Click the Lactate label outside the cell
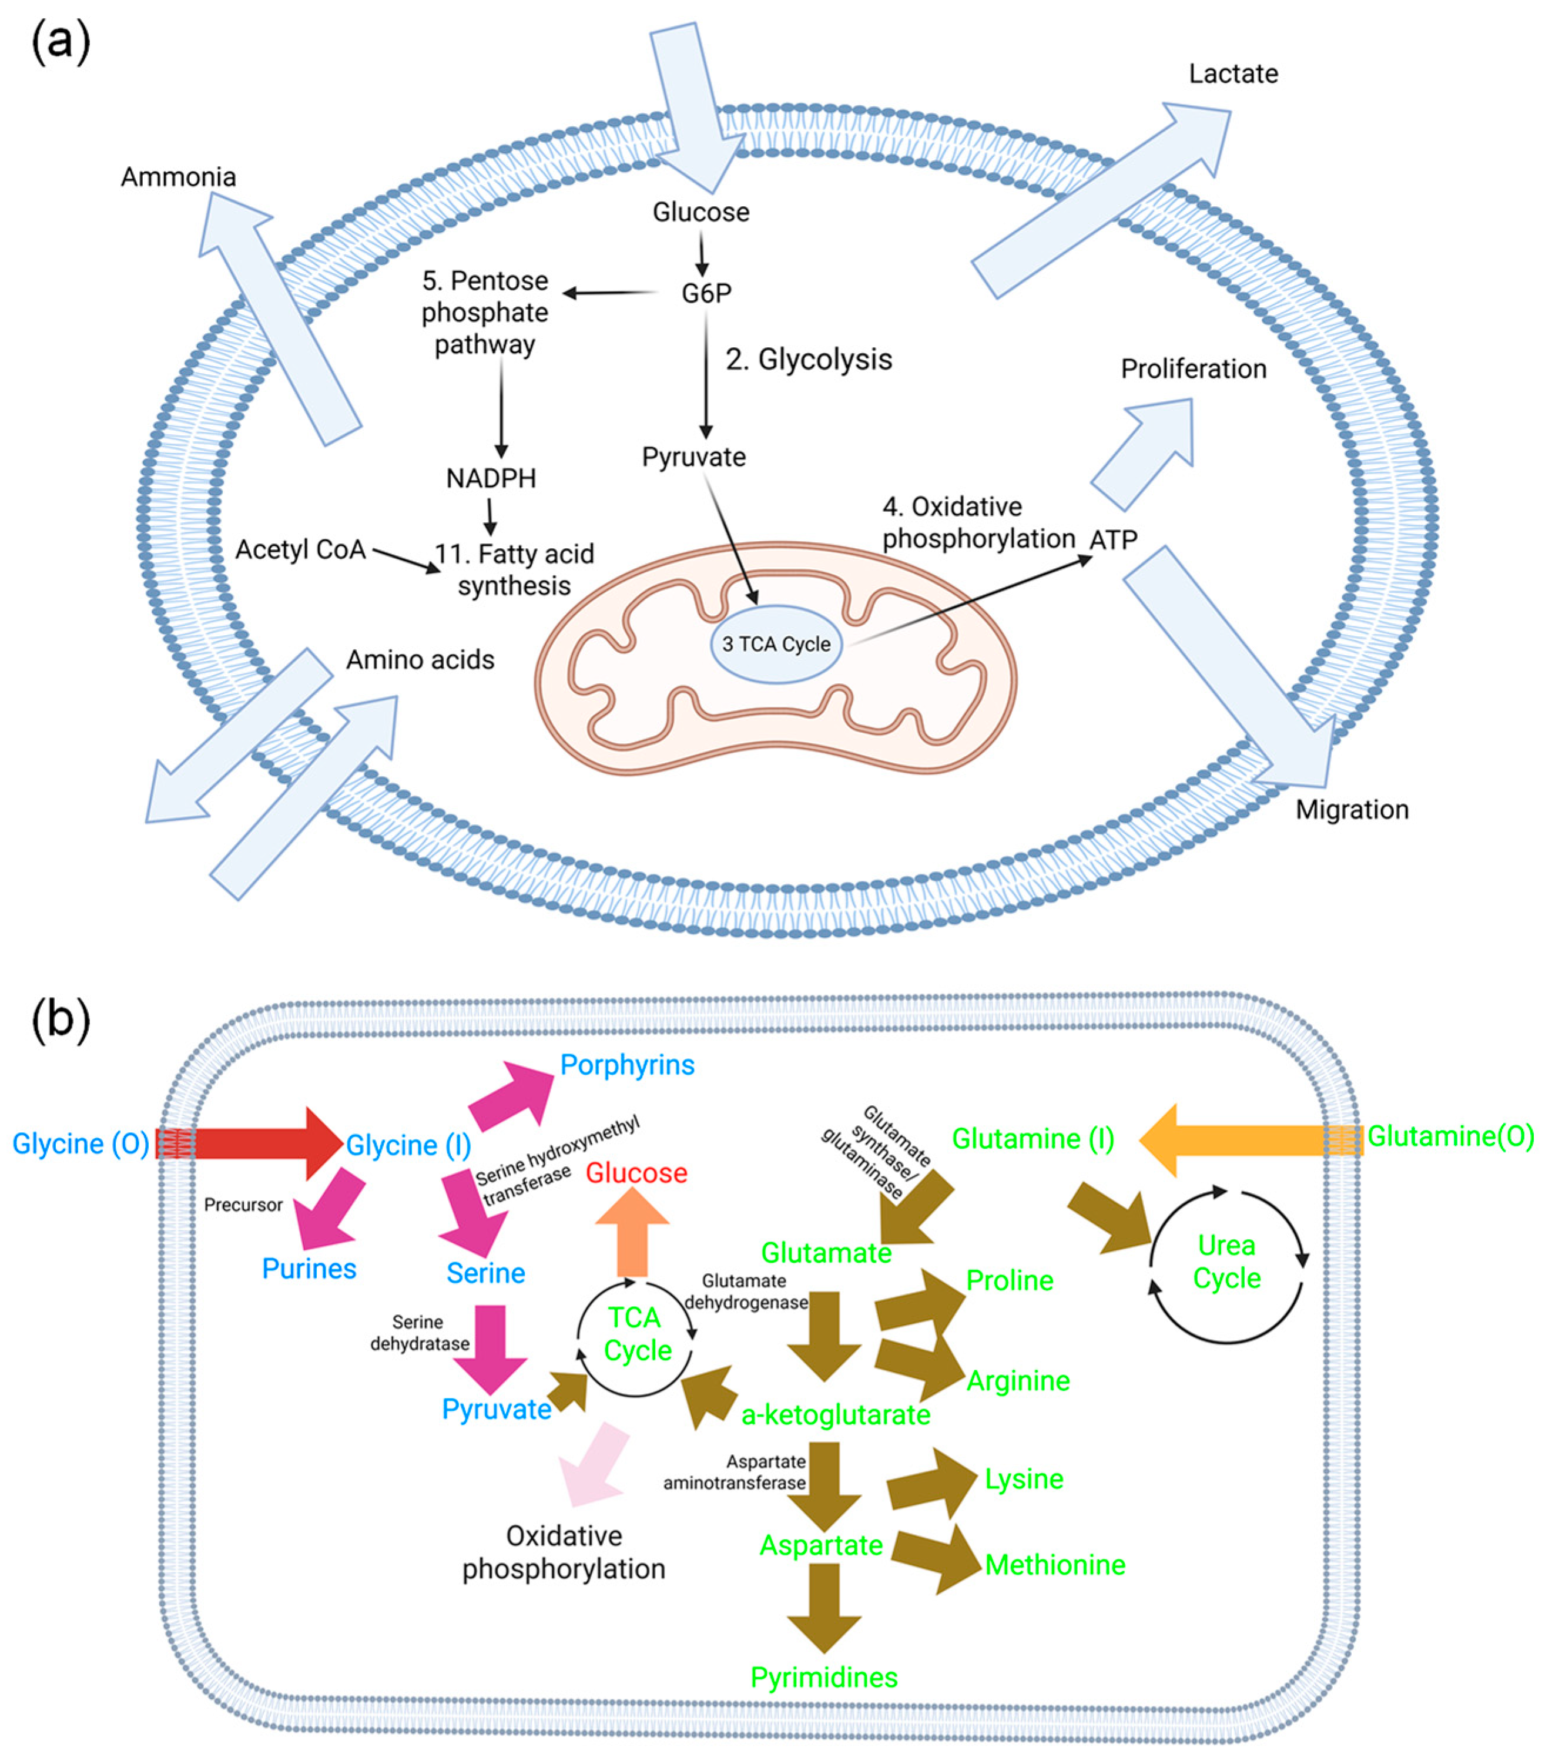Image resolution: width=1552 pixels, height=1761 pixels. tap(1232, 74)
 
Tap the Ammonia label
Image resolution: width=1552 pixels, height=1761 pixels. tap(179, 177)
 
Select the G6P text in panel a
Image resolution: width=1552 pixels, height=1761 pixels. tap(706, 294)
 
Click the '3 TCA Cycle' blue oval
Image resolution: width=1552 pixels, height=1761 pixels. tap(776, 645)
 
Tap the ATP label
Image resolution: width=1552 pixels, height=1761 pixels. tap(1114, 540)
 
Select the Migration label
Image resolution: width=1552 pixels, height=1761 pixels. tap(1351, 810)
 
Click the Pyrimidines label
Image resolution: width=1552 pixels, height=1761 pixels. tap(824, 1678)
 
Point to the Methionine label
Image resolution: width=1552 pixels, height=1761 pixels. tap(1055, 1565)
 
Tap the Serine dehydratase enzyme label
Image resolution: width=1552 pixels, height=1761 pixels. tap(420, 1333)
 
